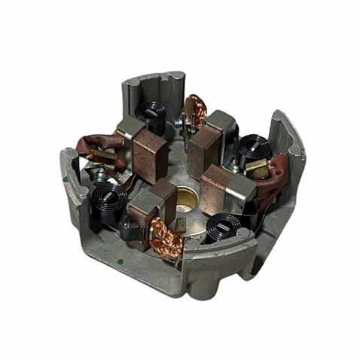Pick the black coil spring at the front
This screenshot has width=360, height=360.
pos(224,225)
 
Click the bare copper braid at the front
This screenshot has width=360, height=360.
pos(168,239)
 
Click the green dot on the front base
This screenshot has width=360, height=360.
pos(121,262)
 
